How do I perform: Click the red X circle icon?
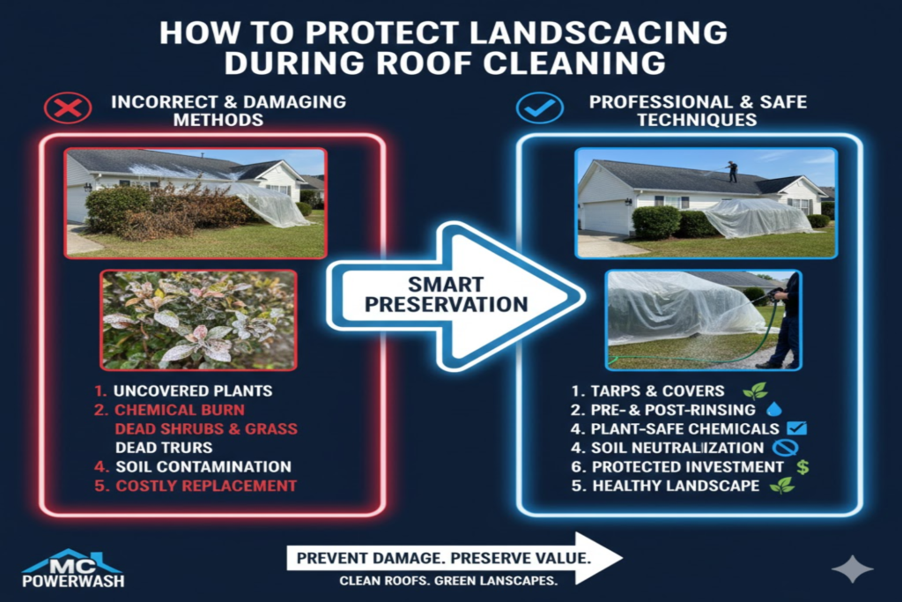coord(69,109)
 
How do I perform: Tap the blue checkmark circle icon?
coord(539,109)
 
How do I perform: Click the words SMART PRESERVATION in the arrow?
coord(446,294)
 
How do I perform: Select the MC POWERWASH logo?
coord(73,569)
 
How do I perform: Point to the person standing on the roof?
coord(732,171)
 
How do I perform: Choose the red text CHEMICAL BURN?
coord(180,410)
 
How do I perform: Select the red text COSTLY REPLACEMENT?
coord(206,487)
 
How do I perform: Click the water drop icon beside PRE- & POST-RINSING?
coord(774,410)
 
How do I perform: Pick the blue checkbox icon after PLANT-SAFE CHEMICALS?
coord(798,429)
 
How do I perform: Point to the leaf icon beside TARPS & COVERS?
coord(754,390)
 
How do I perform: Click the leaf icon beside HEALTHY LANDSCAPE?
coord(781,487)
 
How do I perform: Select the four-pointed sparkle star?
coord(852,569)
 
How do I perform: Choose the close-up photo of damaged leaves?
coord(199,320)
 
